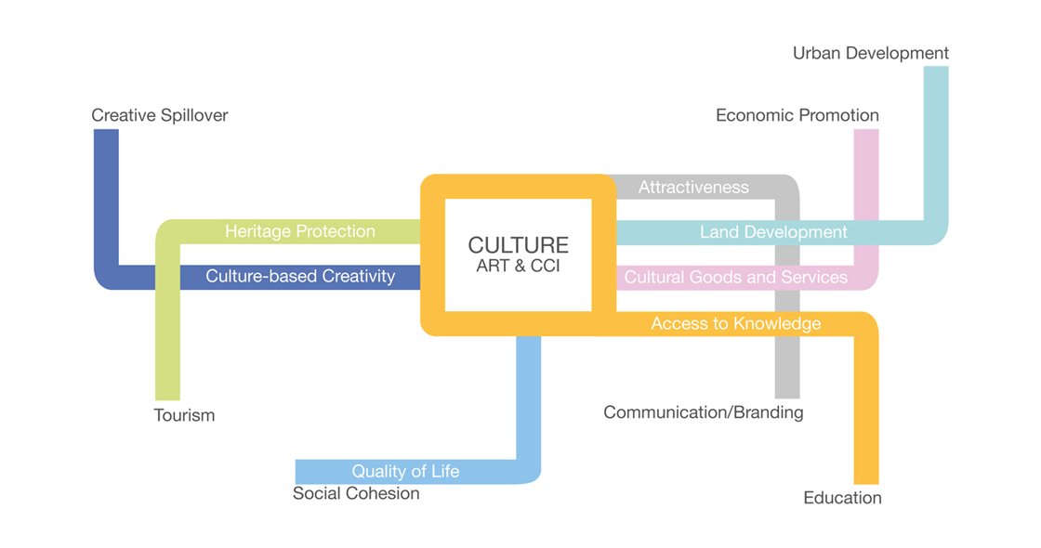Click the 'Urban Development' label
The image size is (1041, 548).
870,53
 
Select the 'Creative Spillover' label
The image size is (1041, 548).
159,115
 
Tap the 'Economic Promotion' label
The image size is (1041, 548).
797,115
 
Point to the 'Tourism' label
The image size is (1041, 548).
184,415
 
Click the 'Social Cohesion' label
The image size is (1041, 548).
356,493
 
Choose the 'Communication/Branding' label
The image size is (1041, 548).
703,412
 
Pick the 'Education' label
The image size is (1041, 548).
842,498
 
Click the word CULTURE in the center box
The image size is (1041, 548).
518,245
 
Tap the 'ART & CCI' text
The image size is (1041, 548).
518,266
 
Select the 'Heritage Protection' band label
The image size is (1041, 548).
299,231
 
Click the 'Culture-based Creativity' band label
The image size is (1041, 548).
300,276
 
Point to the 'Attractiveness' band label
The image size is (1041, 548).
693,188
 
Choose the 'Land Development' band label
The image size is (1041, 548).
773,232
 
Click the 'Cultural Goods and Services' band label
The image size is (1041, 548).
735,278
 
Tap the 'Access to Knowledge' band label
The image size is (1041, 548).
735,324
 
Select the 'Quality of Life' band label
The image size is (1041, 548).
405,472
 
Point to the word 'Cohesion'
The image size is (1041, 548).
386,493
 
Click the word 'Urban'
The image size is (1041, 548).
817,53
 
